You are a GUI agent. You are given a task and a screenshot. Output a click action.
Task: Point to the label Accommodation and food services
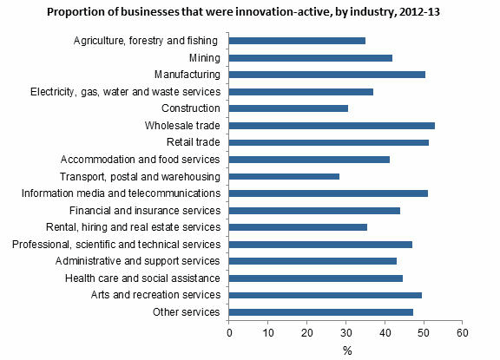(x=141, y=160)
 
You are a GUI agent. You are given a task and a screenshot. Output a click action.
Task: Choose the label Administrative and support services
(x=139, y=261)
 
